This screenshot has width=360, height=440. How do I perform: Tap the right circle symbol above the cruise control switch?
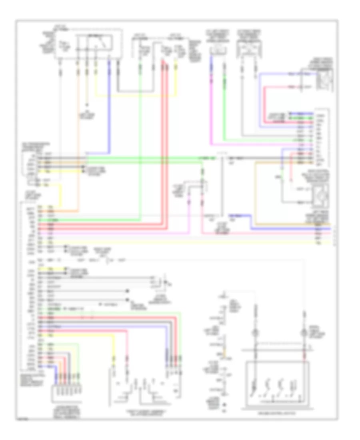pyautogui.click(x=305, y=332)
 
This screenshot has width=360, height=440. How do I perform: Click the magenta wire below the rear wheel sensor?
pyautogui.click(x=211, y=120)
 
